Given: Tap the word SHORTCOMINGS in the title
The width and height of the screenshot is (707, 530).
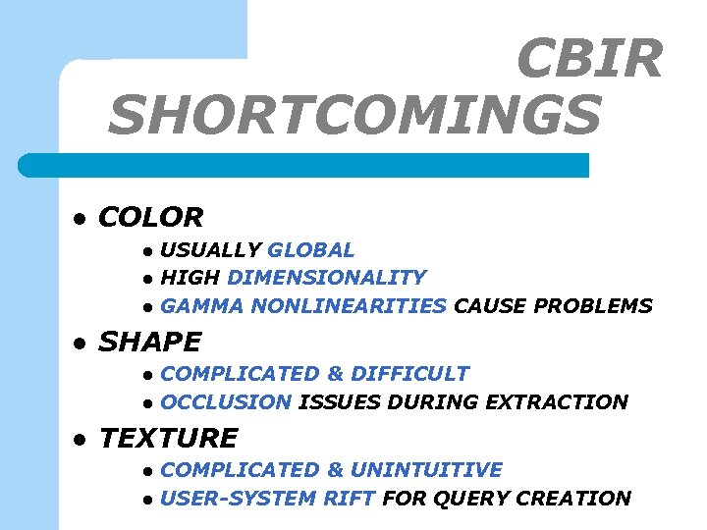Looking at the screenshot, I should [x=354, y=115].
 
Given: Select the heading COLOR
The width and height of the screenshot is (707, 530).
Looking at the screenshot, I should [x=150, y=217].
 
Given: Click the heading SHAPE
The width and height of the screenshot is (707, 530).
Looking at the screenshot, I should [x=149, y=342].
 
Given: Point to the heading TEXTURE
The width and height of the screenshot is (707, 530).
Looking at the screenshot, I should [x=168, y=438].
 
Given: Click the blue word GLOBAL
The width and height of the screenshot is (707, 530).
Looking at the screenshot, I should [x=310, y=250].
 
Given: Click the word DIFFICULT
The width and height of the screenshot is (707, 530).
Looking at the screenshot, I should [x=409, y=373].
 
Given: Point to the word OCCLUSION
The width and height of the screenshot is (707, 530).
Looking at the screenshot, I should [x=225, y=401].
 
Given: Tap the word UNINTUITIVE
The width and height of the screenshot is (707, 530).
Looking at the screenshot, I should [x=426, y=470].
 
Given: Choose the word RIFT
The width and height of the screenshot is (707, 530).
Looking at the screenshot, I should [x=350, y=498].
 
